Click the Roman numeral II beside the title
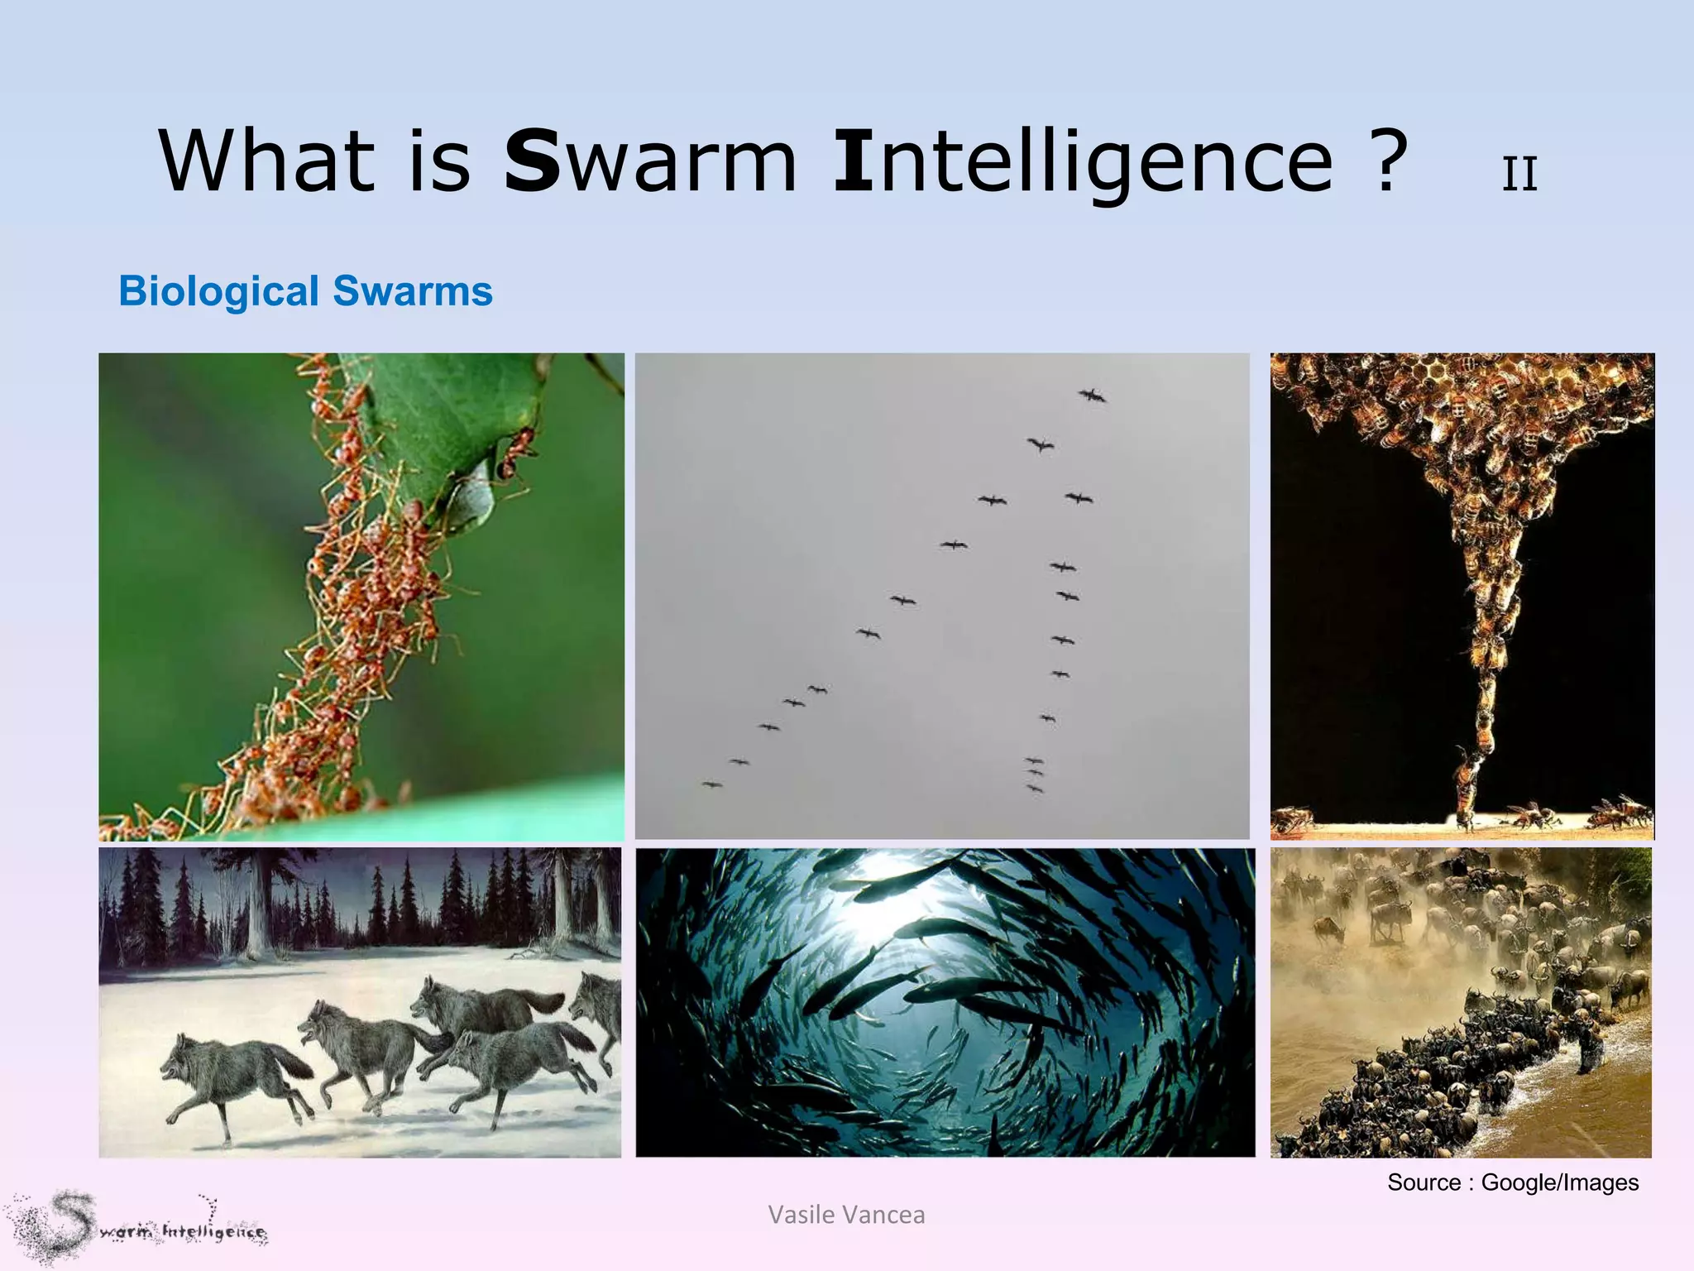click(x=1519, y=175)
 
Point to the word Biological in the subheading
click(x=218, y=291)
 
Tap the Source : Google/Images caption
click(x=1512, y=1182)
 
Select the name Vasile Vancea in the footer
click(x=846, y=1214)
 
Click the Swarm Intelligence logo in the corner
click(x=136, y=1228)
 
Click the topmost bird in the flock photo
click(x=1092, y=396)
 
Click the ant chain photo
click(x=361, y=596)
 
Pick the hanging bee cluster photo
click(x=1462, y=596)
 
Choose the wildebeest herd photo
click(x=1461, y=1001)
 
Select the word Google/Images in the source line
click(x=1559, y=1182)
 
